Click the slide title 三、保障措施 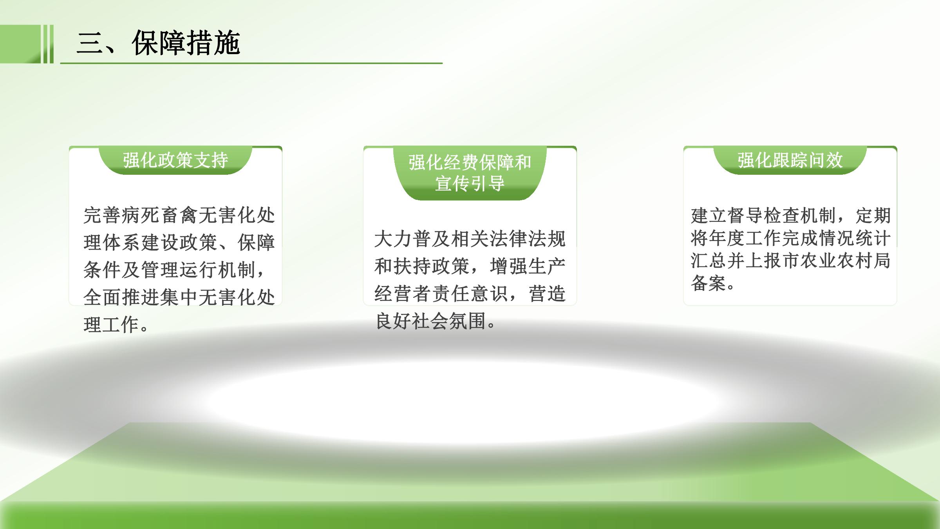158,43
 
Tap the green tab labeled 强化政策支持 175,160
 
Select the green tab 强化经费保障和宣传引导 470,173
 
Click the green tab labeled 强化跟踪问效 790,160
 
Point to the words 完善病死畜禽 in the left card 141,215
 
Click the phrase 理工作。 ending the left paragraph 116,325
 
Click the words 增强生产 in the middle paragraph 528,266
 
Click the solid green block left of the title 20,44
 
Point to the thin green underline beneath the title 251,63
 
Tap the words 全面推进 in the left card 121,297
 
